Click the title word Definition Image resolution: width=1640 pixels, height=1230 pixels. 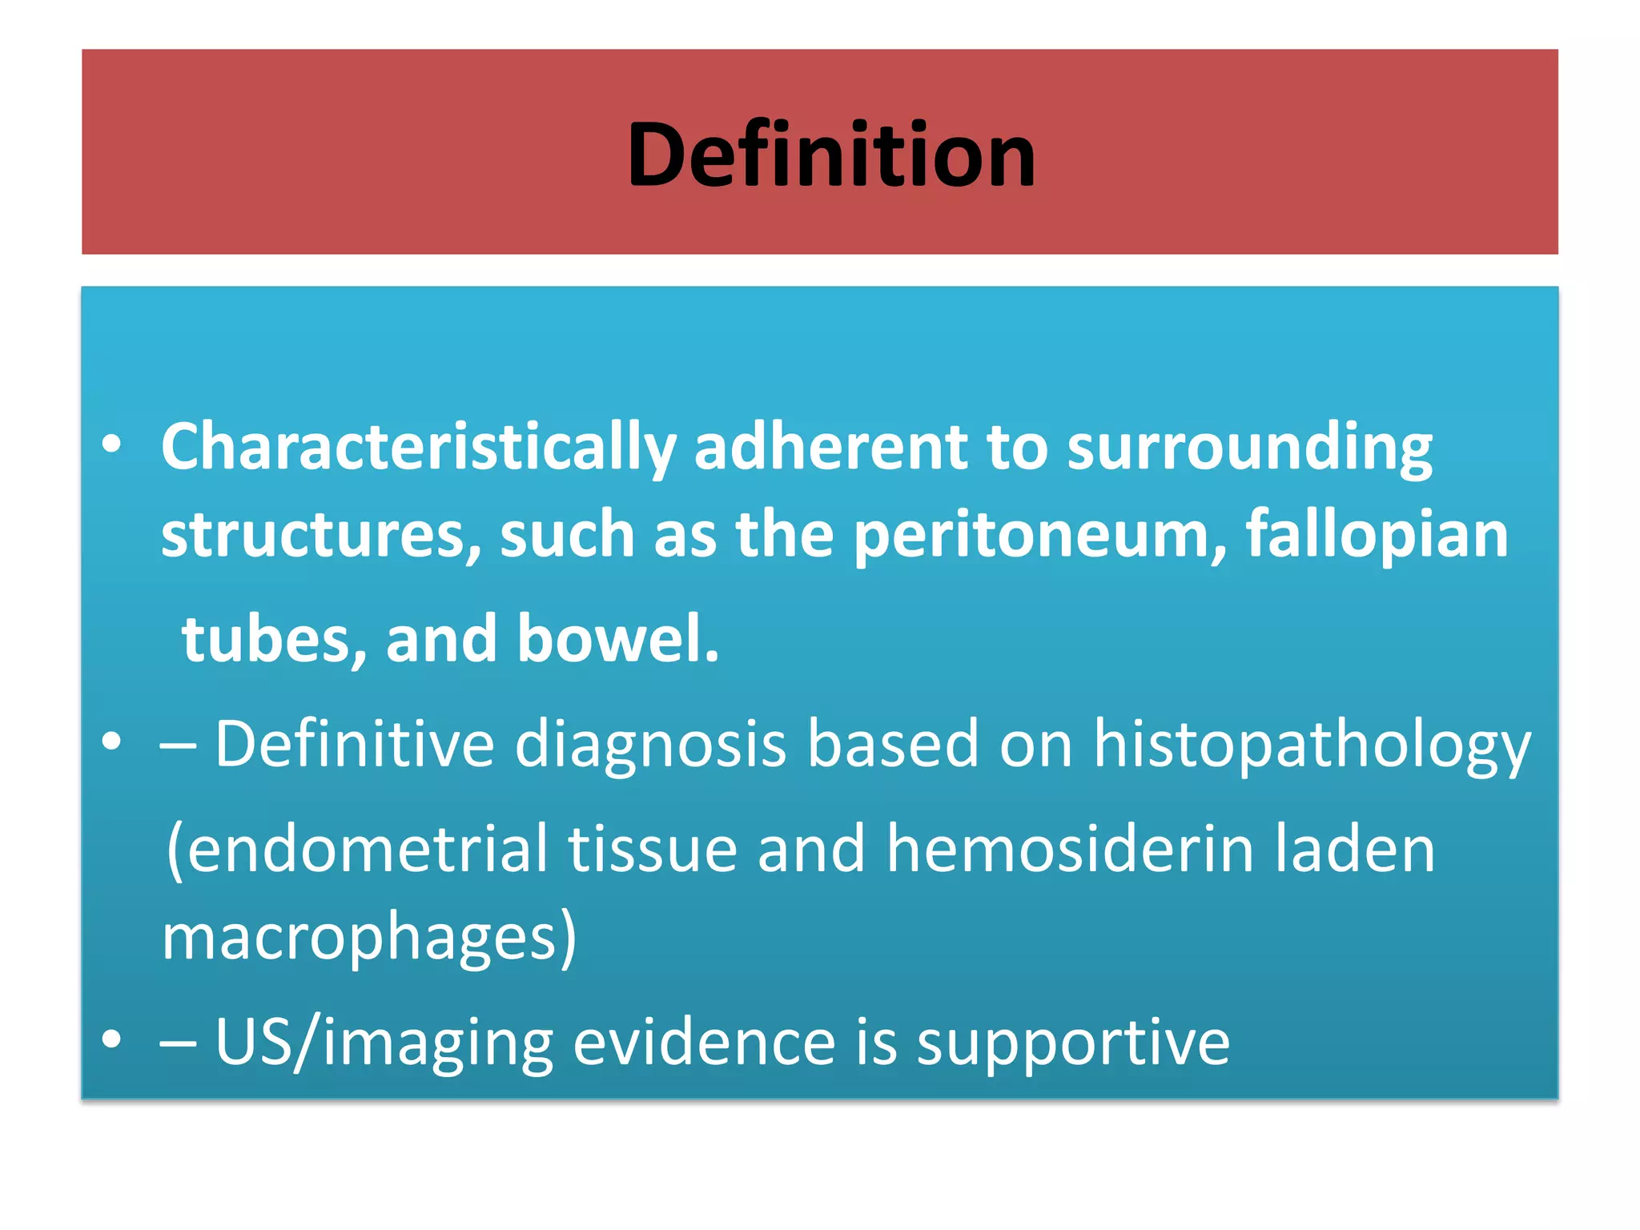pyautogui.click(x=831, y=154)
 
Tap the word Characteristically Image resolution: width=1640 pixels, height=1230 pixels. pyautogui.click(x=418, y=447)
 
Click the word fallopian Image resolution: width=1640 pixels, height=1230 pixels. pyautogui.click(x=1377, y=535)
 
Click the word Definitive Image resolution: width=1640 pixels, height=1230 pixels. pyautogui.click(x=355, y=743)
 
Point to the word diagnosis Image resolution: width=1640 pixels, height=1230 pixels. pyautogui.click(x=649, y=745)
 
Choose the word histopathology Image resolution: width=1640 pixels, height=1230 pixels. pyautogui.click(x=1312, y=745)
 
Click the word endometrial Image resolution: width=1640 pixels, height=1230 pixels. pyautogui.click(x=357, y=849)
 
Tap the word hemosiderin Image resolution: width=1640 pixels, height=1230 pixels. pyautogui.click(x=1070, y=849)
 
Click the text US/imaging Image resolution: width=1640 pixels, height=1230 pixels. pyautogui.click(x=384, y=1043)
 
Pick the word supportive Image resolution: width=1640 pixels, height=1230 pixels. pyautogui.click(x=1073, y=1043)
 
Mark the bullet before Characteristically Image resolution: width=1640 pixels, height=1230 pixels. pyautogui.click(x=112, y=445)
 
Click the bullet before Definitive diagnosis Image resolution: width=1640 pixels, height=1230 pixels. pyautogui.click(x=112, y=742)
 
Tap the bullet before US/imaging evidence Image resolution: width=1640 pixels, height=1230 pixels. pyautogui.click(x=112, y=1040)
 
